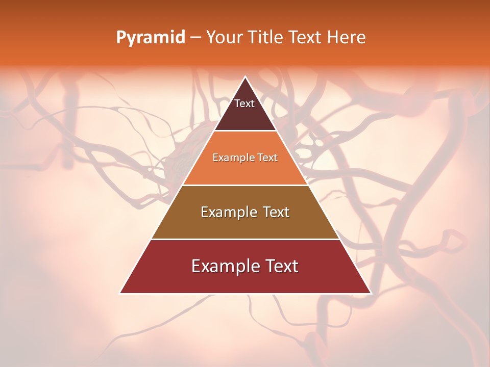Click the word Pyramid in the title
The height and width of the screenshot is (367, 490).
click(151, 38)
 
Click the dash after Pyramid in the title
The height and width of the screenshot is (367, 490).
click(195, 38)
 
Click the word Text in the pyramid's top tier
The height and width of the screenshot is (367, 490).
click(244, 103)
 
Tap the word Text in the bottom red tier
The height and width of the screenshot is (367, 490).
click(281, 266)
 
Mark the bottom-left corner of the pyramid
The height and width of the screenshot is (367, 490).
click(120, 293)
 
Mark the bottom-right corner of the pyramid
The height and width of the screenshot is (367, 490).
click(371, 293)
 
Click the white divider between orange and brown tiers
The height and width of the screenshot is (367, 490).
click(246, 185)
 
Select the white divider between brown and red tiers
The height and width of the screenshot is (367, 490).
click(246, 239)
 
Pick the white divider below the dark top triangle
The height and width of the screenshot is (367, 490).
click(246, 131)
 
